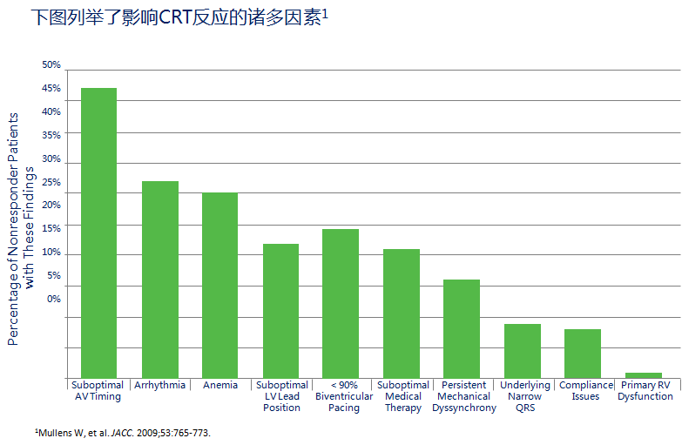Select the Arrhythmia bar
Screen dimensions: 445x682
160,280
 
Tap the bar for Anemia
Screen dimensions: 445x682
219,286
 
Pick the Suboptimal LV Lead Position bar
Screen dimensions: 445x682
280,311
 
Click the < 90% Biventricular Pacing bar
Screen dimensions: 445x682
341,304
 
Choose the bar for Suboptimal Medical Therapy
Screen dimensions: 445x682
402,314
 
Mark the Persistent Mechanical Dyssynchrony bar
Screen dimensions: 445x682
462,329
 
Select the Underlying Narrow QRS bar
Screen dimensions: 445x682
523,351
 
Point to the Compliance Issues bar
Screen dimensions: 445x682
583,354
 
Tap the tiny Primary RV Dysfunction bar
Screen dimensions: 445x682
644,375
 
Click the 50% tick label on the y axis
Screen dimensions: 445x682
51,65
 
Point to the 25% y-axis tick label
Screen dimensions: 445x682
51,183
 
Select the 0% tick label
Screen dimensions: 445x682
54,299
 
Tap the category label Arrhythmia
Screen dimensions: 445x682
160,386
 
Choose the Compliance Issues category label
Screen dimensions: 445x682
585,391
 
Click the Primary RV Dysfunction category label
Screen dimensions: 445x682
645,391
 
